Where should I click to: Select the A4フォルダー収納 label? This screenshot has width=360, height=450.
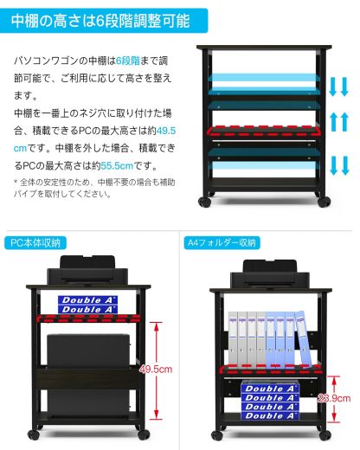[222, 242]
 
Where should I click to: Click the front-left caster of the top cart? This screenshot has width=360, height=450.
[205, 202]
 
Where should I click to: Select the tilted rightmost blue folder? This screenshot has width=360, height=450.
[302, 339]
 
